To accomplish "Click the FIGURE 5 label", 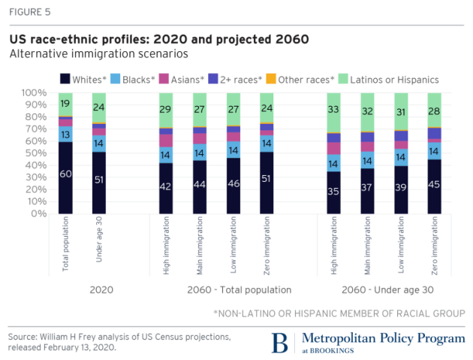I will click(30, 12).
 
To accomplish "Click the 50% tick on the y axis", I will click(36, 153).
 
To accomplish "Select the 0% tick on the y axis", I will click(39, 213).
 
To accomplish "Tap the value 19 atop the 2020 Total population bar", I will click(65, 104).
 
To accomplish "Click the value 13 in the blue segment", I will click(65, 134).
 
